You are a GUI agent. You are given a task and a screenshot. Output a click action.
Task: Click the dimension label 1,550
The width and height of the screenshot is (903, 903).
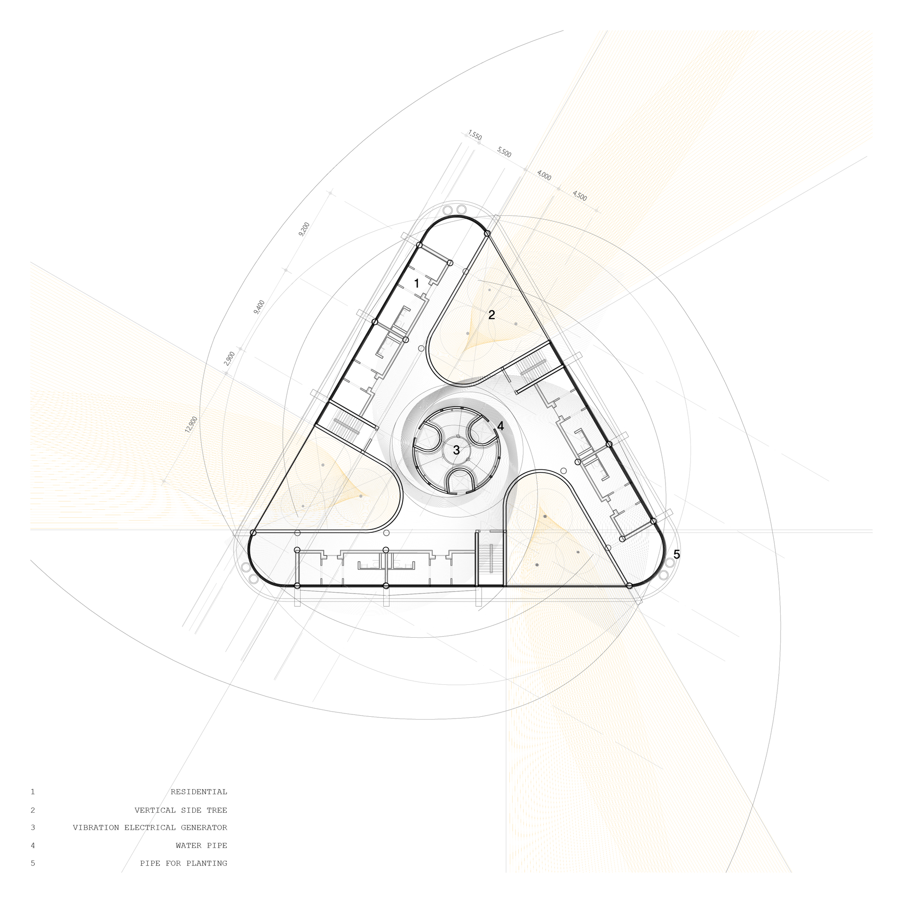(x=475, y=135)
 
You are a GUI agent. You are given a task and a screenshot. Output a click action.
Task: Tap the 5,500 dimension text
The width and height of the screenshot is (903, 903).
(x=504, y=152)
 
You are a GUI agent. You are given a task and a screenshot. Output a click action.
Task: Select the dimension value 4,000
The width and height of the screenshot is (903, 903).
(x=544, y=175)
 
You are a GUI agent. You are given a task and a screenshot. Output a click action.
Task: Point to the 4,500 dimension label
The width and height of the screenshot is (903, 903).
(x=579, y=195)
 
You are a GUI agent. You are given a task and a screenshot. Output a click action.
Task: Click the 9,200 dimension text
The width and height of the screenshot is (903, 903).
(x=304, y=229)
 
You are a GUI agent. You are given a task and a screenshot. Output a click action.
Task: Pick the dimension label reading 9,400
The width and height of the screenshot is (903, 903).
(x=259, y=307)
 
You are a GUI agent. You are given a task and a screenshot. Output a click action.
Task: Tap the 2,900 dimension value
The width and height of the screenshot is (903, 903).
(x=230, y=358)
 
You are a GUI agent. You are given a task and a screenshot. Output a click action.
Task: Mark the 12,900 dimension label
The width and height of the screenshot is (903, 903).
(x=191, y=424)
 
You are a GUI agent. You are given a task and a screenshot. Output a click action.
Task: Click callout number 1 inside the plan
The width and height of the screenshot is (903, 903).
(x=416, y=283)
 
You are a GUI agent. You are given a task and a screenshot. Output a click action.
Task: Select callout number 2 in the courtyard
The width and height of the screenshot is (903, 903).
(x=491, y=315)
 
